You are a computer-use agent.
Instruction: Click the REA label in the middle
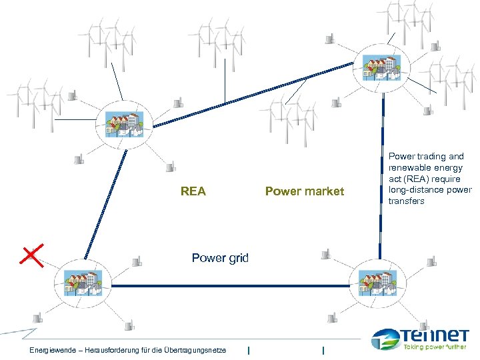coord(193,192)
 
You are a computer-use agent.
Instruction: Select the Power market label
coord(305,192)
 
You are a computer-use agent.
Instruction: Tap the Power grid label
coord(220,258)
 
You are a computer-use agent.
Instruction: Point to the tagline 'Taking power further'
coord(436,347)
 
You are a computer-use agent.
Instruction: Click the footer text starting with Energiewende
coord(127,351)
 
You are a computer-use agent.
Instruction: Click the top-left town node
coord(125,125)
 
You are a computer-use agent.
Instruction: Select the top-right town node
coord(379,67)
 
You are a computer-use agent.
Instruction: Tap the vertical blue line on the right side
coord(382,173)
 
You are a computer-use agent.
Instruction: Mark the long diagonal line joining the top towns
coord(253,93)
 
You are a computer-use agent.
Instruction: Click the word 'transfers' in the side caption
coord(406,201)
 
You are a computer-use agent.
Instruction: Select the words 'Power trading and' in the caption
coord(426,157)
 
